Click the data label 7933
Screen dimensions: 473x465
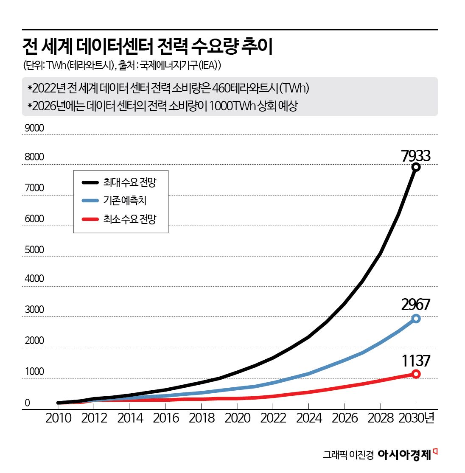pyautogui.click(x=415, y=156)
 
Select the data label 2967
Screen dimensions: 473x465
pyautogui.click(x=415, y=305)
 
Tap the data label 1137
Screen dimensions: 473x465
pyautogui.click(x=415, y=361)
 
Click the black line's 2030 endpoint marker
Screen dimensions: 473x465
pyautogui.click(x=416, y=167)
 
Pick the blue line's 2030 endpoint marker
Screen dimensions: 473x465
pyautogui.click(x=416, y=319)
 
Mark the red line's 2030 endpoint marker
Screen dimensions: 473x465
pyautogui.click(x=416, y=374)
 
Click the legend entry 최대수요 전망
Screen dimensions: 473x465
pyautogui.click(x=129, y=182)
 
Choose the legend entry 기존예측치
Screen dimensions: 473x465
pyautogui.click(x=125, y=201)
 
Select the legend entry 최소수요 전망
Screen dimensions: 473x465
pyautogui.click(x=129, y=219)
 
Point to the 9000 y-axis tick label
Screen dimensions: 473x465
pyautogui.click(x=34, y=128)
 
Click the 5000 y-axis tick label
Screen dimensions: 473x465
pyautogui.click(x=34, y=249)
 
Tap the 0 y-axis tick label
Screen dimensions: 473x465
pyautogui.click(x=28, y=403)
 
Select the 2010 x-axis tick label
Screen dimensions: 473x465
pyautogui.click(x=58, y=418)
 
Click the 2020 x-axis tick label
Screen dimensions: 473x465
pyautogui.click(x=238, y=418)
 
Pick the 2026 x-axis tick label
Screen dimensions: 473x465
pyautogui.click(x=345, y=418)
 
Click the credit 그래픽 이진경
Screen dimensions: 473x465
pyautogui.click(x=348, y=455)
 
